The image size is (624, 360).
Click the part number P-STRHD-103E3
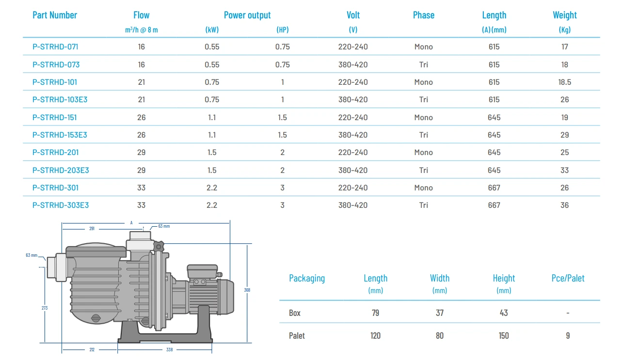(x=60, y=99)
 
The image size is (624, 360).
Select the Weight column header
(x=565, y=15)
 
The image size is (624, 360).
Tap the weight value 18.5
(x=564, y=82)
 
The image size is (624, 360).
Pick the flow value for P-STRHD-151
(x=141, y=117)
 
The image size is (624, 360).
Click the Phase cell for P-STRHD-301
(x=423, y=188)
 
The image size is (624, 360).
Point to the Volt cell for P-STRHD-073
(x=353, y=64)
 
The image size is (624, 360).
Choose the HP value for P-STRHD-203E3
(x=282, y=170)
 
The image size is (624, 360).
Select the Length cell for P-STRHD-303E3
(x=494, y=205)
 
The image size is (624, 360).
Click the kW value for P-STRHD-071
(x=212, y=47)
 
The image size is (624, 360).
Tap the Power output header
(x=247, y=15)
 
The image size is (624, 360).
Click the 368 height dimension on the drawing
(x=247, y=290)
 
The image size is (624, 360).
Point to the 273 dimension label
(x=45, y=308)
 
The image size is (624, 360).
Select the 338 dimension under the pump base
(x=169, y=349)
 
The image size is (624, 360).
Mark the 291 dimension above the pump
(x=92, y=228)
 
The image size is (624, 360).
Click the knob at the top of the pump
(x=159, y=247)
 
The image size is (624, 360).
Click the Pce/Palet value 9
(x=568, y=335)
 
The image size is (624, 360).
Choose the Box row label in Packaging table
(x=295, y=313)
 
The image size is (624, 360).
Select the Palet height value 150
(x=504, y=335)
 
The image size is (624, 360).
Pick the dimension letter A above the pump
(x=131, y=223)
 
